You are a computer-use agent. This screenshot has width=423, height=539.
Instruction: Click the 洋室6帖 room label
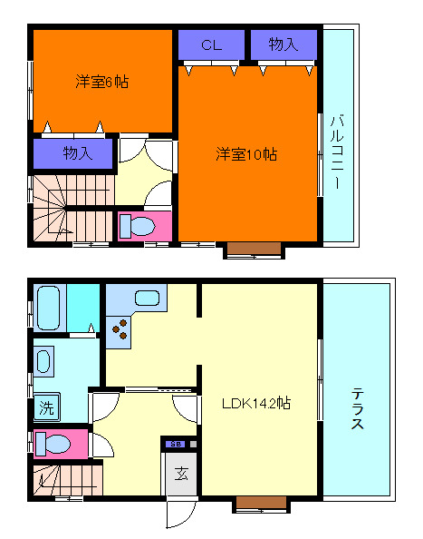point(101,82)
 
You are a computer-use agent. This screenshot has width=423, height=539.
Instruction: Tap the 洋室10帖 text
point(245,154)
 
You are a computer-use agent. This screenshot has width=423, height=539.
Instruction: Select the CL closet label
point(211,44)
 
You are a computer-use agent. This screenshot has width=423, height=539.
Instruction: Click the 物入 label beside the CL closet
point(284,44)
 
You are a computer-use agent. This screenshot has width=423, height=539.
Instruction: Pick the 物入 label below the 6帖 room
point(77,153)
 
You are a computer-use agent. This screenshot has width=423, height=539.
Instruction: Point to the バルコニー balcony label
point(338,150)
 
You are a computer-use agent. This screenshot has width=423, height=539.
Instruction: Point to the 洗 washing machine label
point(45,409)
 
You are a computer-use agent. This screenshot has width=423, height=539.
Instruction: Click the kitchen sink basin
point(146,296)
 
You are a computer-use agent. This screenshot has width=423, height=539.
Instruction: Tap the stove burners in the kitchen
point(119,332)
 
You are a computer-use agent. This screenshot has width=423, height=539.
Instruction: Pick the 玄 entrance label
point(181,473)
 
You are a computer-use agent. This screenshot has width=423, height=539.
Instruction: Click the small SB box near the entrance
point(175,444)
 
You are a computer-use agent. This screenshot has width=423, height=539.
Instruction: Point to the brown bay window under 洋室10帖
point(246,250)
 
